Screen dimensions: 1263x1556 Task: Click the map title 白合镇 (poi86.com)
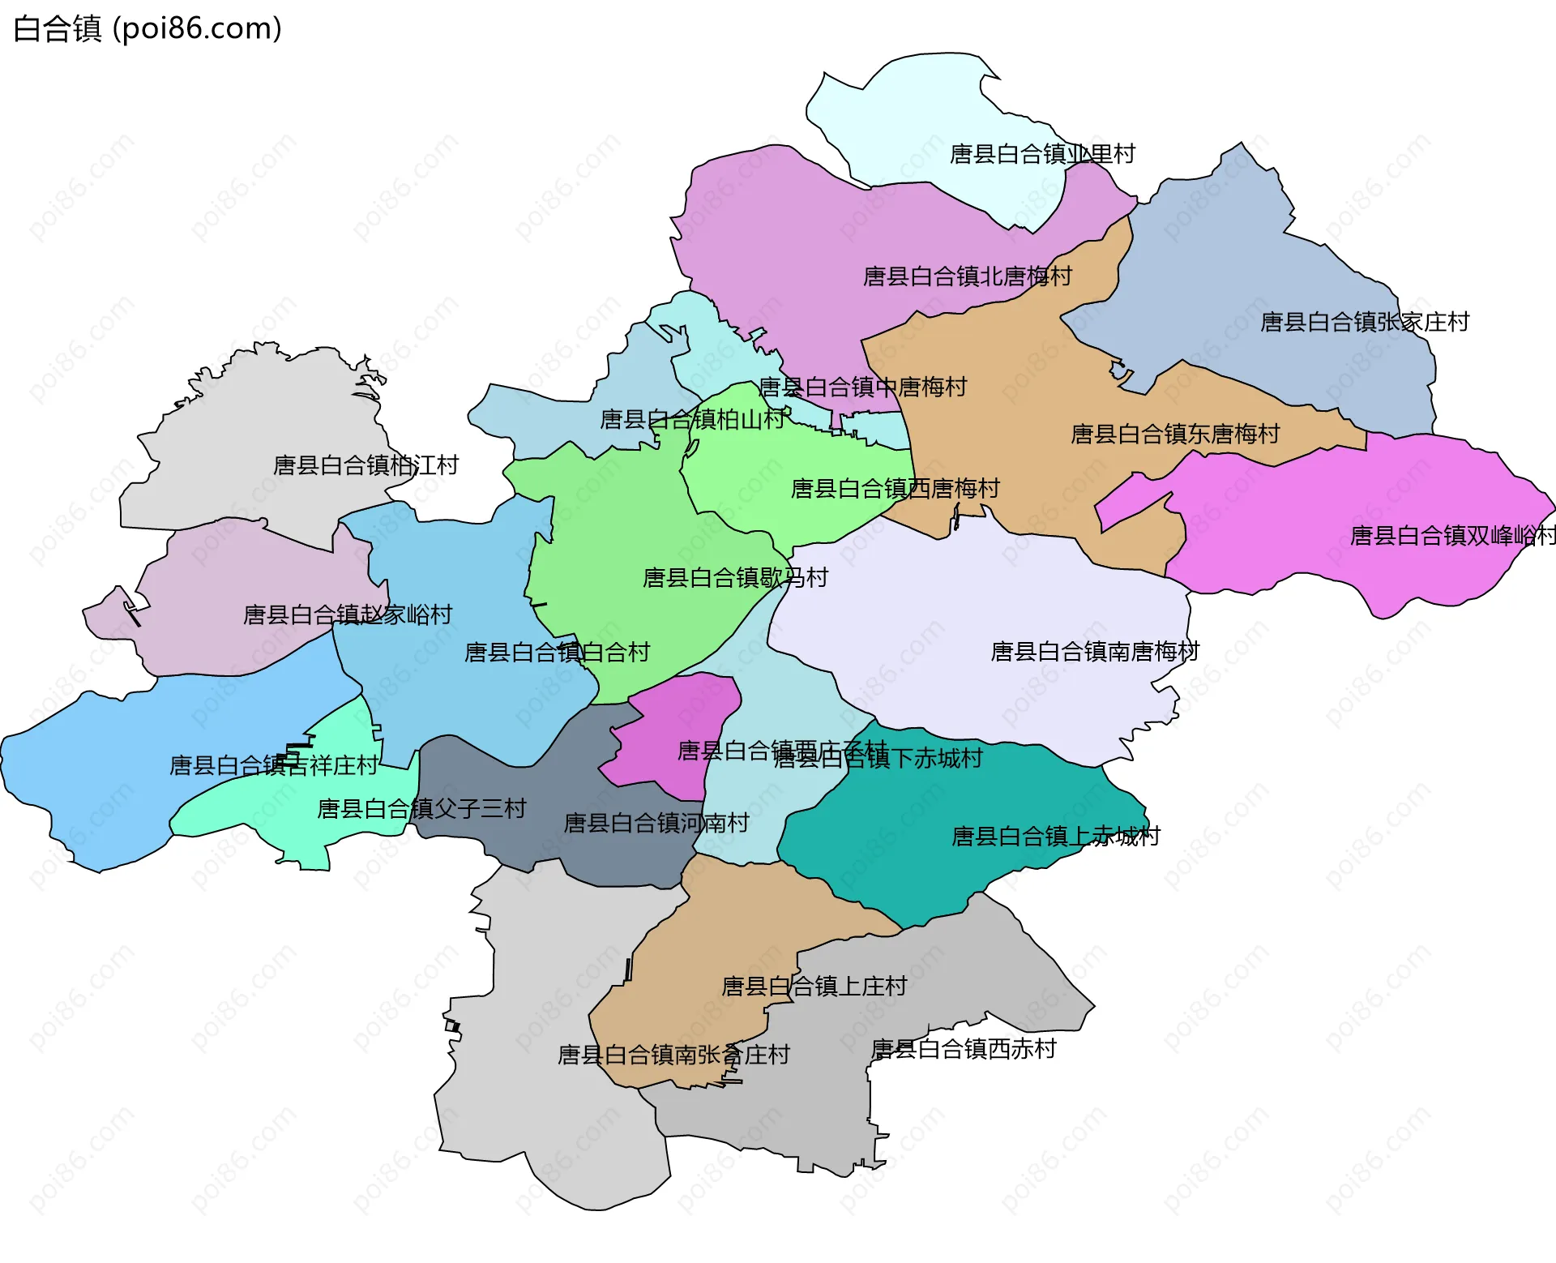tap(147, 29)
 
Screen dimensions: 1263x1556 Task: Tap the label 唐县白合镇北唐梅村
tap(967, 277)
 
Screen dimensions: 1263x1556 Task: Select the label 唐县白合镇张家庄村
tap(1365, 323)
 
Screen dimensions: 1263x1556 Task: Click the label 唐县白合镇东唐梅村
tap(1175, 435)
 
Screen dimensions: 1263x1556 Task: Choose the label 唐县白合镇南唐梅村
tap(1095, 652)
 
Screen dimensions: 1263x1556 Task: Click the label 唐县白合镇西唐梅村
tap(895, 489)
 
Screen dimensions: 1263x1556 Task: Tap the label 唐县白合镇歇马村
tap(735, 578)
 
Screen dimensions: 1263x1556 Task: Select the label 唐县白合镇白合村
tap(557, 653)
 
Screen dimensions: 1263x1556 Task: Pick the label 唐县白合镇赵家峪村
tap(348, 615)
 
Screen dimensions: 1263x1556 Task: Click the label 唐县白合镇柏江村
tap(365, 465)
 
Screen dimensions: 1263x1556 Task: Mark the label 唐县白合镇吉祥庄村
tap(273, 766)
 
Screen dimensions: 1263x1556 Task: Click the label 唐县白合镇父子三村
tap(421, 809)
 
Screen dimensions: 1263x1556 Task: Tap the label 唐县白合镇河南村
tap(656, 824)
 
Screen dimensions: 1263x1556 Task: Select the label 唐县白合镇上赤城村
tap(1055, 837)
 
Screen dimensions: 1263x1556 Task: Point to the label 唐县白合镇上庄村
tap(814, 987)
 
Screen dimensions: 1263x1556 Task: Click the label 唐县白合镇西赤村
tap(964, 1050)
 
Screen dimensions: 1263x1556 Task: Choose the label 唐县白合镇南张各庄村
tap(673, 1055)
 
